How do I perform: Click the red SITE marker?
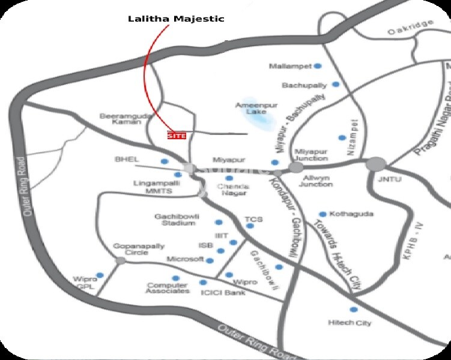[x=177, y=136]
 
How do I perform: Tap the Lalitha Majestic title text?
[x=176, y=19]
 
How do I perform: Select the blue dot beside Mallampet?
[x=318, y=65]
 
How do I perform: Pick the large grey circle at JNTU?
[x=376, y=163]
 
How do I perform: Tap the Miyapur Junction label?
[x=310, y=155]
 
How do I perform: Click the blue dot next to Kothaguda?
[x=322, y=214]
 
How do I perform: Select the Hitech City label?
[x=350, y=323]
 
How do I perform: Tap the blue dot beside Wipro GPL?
[x=100, y=275]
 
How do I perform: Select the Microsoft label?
[x=185, y=259]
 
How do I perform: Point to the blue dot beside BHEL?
[x=164, y=161]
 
